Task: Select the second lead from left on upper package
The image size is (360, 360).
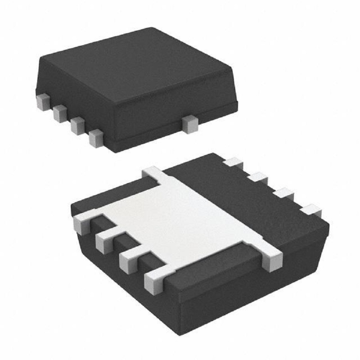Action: [60, 113]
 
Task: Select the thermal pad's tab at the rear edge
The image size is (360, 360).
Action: [154, 174]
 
